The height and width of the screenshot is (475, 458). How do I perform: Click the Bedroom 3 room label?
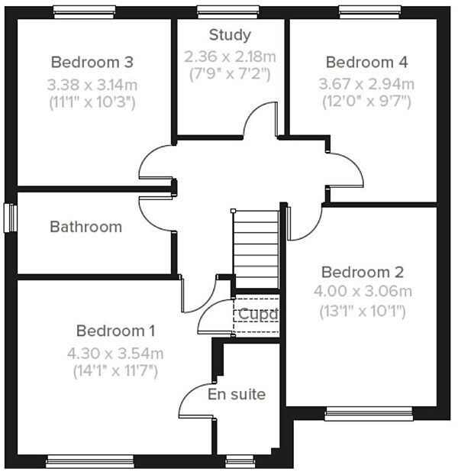tap(92, 62)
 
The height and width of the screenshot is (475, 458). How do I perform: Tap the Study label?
tap(230, 35)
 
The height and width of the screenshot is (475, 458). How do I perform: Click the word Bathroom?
tap(85, 227)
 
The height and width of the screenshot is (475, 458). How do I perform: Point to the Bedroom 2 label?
tap(363, 272)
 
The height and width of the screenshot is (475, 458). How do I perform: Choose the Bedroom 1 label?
tap(115, 331)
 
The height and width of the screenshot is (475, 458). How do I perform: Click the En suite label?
tap(237, 394)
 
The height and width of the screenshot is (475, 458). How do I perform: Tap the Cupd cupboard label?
tap(256, 314)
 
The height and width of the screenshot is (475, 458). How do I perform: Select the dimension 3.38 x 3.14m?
tap(92, 83)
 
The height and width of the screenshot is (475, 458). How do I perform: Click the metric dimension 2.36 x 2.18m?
tap(230, 57)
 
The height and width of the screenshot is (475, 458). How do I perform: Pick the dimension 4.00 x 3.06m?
tap(363, 291)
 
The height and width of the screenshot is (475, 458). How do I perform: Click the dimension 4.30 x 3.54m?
tap(115, 353)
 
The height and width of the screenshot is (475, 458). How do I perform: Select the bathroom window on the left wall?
tap(11, 218)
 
